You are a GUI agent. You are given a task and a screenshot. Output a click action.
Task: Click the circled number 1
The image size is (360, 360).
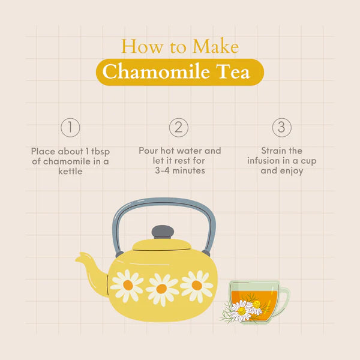pos(70,127)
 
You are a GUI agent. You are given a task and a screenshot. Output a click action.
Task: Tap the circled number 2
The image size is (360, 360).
pos(179,127)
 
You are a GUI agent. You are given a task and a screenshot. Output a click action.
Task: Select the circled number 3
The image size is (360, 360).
pos(282,127)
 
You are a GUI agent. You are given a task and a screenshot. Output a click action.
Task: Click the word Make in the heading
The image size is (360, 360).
pos(215,46)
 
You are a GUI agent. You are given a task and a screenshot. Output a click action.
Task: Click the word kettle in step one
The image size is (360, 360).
pos(70,171)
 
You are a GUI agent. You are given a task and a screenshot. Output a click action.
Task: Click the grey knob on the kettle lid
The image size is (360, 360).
pos(163,232)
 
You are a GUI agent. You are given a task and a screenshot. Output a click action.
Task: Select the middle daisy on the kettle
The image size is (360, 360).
pos(161,289)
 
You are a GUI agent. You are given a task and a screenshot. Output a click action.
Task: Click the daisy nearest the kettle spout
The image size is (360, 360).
pos(128,286)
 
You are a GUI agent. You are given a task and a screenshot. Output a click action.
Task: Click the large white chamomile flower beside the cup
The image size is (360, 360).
pos(241,311)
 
